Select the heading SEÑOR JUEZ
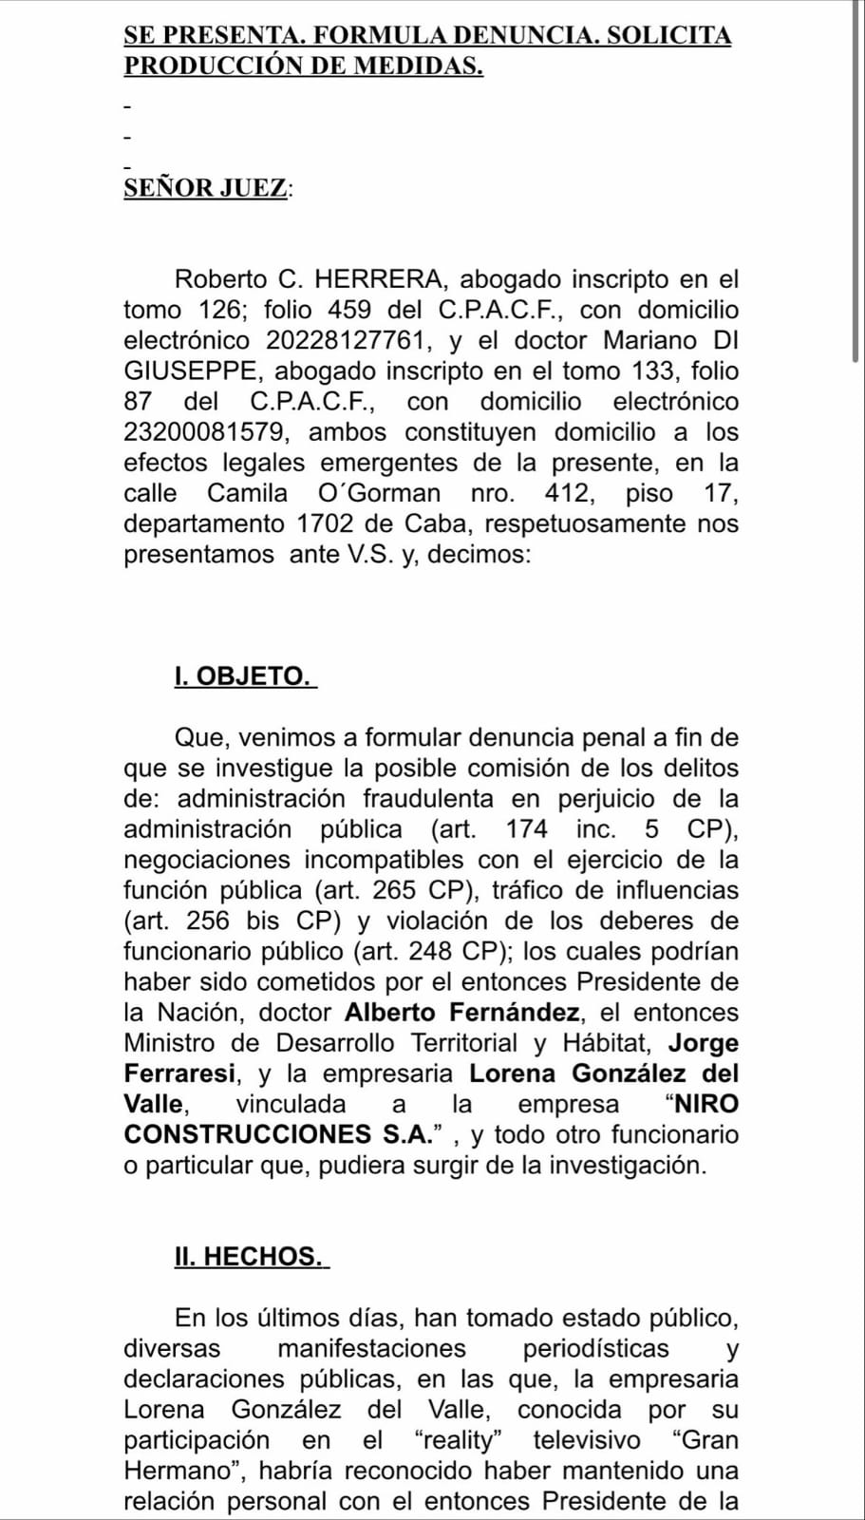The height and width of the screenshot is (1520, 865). click(x=205, y=188)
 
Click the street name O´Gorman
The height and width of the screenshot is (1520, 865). click(x=379, y=493)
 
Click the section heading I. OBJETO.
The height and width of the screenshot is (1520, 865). click(x=242, y=676)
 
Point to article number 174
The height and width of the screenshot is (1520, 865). click(x=527, y=829)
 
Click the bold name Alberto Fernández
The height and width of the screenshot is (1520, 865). click(x=461, y=1013)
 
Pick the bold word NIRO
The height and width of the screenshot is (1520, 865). click(x=705, y=1104)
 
